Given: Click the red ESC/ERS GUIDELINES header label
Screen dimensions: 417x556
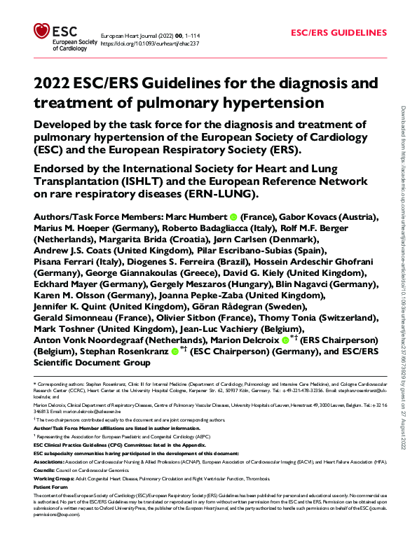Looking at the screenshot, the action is tap(339, 33).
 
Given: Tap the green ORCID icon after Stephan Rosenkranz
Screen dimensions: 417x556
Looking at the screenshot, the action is tap(175, 352).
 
